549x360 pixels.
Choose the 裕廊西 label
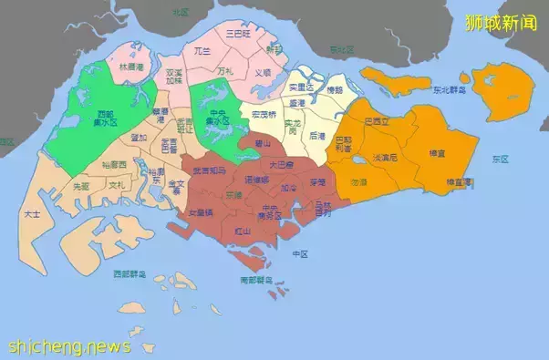click(x=115, y=165)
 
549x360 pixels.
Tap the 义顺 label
click(x=262, y=73)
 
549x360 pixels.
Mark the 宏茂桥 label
click(x=264, y=115)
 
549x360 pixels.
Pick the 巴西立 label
click(x=375, y=120)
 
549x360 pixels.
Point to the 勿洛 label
click(x=359, y=182)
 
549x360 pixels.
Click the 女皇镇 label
click(x=201, y=212)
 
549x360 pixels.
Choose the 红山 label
click(x=243, y=231)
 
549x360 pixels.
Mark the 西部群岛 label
click(x=129, y=273)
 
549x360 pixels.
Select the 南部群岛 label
click(x=255, y=279)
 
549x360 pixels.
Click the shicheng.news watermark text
click(x=69, y=346)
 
